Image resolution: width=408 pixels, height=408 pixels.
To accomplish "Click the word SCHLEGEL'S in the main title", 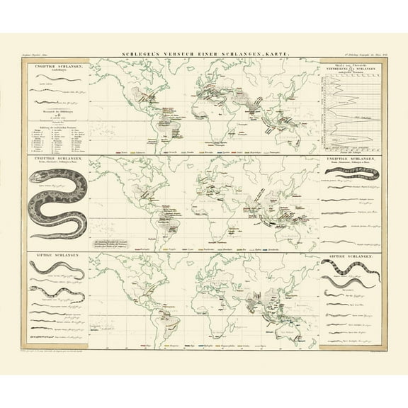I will (141, 54).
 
